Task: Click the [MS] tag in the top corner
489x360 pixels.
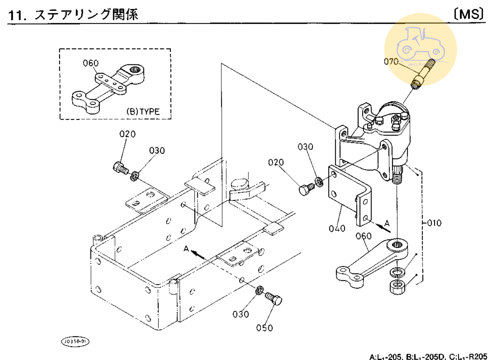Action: pos(469,14)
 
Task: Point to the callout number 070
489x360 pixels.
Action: pos(391,61)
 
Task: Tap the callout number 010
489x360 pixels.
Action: pos(434,223)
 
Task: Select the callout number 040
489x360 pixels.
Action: pos(337,228)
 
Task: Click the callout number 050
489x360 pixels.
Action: pos(264,327)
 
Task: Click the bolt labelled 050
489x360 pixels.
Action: pos(274,299)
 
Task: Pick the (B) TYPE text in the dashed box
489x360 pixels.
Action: pos(143,111)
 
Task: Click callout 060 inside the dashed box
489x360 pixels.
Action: pos(91,63)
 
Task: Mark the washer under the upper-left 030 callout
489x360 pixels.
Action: pos(135,175)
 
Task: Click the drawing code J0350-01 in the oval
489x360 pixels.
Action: pos(75,341)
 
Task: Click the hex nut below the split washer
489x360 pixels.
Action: pos(398,287)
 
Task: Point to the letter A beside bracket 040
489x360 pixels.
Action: pos(387,223)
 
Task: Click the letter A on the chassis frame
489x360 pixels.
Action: pos(187,249)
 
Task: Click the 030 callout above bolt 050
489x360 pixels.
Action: pos(240,314)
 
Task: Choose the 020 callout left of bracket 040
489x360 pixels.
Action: pos(276,162)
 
